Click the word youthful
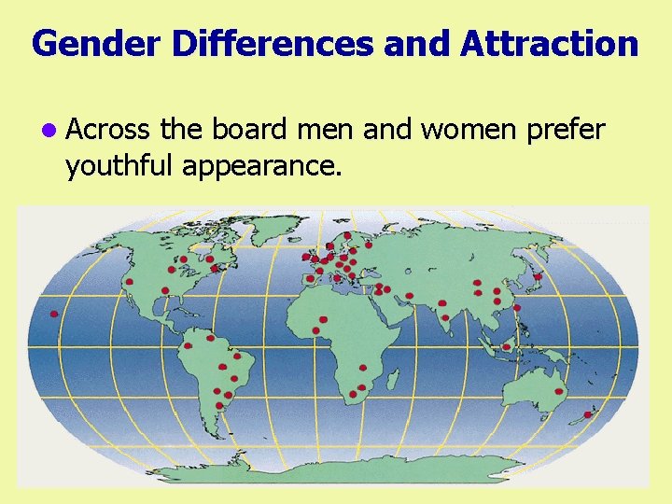tap(119, 166)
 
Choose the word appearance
tap(262, 166)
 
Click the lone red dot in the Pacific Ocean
tap(54, 314)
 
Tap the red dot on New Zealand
tap(587, 414)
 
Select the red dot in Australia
tap(559, 392)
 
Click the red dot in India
tap(445, 318)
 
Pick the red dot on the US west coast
tap(130, 281)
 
